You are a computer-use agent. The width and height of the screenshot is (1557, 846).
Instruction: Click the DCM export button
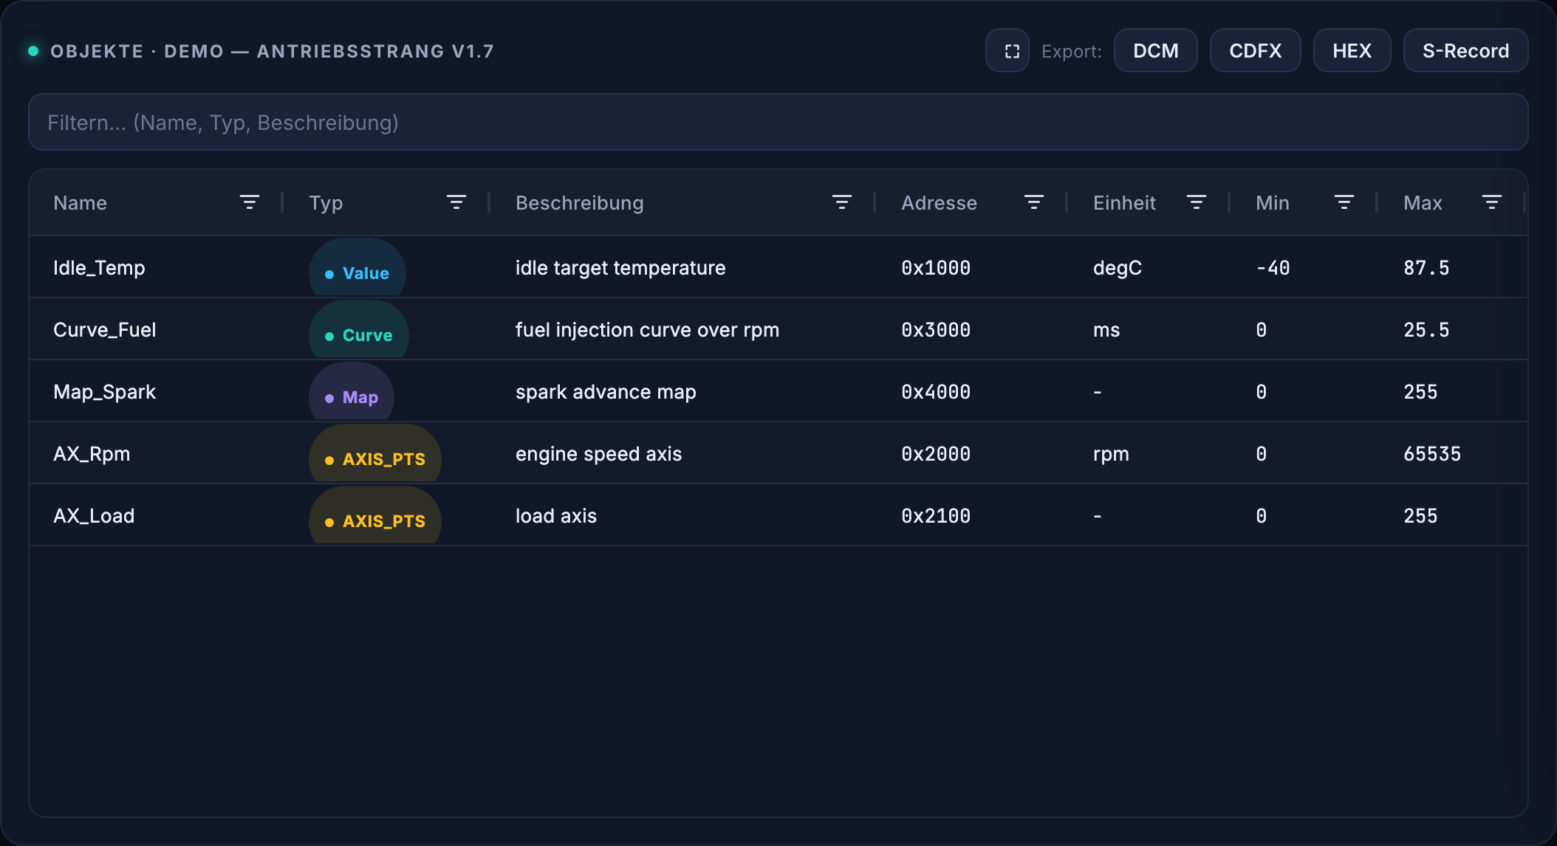[1156, 51]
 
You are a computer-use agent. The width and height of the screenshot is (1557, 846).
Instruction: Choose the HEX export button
[1352, 51]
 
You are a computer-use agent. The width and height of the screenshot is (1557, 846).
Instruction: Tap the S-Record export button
[1465, 51]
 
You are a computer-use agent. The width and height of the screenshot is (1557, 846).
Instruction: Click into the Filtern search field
[778, 123]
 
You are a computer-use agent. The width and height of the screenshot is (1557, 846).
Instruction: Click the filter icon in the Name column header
[250, 202]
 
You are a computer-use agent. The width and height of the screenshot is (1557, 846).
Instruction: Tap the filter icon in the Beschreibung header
[842, 202]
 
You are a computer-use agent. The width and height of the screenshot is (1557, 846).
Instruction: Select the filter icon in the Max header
[1492, 202]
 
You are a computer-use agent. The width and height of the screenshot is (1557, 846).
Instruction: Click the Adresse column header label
[939, 203]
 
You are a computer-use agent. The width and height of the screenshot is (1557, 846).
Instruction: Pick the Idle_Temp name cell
[99, 268]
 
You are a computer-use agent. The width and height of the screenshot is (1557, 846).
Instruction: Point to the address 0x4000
[936, 392]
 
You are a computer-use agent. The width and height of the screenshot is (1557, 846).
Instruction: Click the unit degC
[1118, 268]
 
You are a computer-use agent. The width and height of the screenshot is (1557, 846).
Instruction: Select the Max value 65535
[1432, 454]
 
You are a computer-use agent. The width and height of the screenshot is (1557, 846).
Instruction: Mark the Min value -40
[1273, 268]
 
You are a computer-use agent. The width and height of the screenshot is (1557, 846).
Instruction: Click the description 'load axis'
[556, 516]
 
